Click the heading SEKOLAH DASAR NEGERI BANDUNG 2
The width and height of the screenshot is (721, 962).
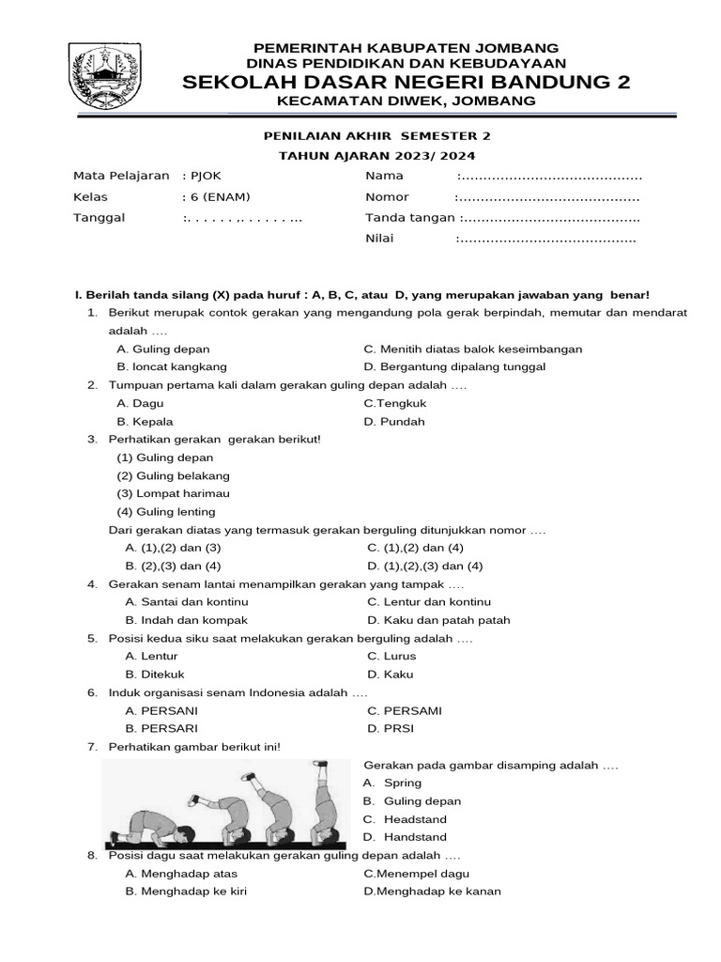coord(406,83)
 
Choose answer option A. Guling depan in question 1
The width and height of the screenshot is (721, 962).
coord(163,349)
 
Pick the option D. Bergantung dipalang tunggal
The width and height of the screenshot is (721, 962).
coord(454,367)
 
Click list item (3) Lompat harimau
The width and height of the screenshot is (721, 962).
coord(173,493)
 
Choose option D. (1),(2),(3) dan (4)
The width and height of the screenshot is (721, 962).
coord(425,566)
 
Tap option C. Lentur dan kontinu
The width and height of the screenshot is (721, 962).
coord(429,602)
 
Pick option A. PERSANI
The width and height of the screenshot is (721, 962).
coord(161,711)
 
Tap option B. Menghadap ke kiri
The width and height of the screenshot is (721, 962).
coord(186,892)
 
